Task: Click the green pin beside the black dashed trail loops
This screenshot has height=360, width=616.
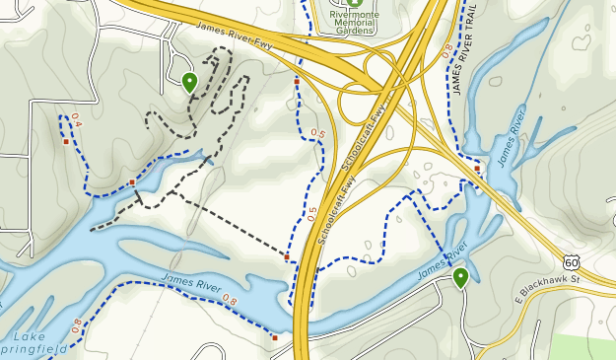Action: tap(189, 82)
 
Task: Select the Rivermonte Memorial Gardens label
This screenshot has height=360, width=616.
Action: tap(355, 23)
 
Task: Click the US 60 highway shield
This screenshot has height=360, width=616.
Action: tap(572, 261)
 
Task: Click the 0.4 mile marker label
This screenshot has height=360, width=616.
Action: tap(76, 124)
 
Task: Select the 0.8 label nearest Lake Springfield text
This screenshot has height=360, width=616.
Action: tap(76, 325)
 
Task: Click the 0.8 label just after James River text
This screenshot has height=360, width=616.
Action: tap(230, 300)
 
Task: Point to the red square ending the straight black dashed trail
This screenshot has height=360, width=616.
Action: tap(287, 257)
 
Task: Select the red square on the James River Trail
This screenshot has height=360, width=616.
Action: tap(477, 169)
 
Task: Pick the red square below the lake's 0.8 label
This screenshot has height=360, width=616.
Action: tap(275, 337)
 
